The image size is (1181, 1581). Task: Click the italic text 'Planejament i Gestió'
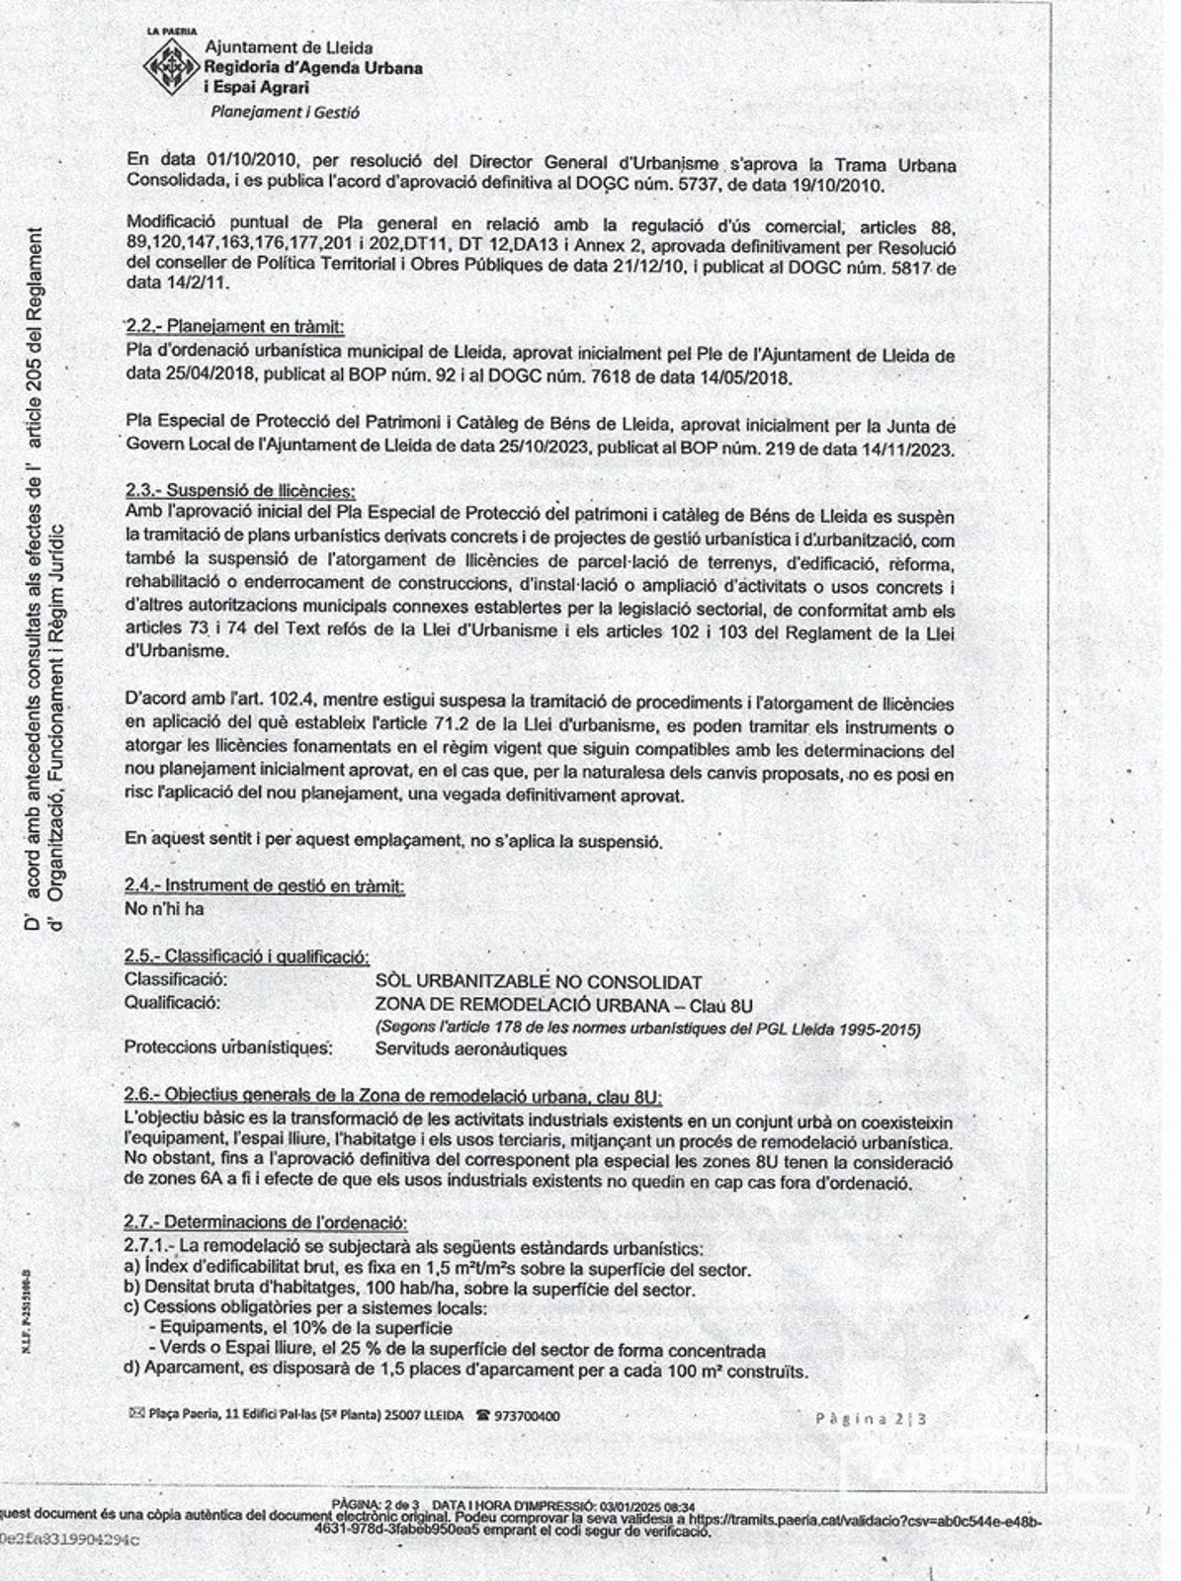click(x=285, y=112)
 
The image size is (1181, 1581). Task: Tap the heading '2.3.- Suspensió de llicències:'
click(x=240, y=490)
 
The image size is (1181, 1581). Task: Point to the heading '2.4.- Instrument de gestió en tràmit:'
click(x=265, y=886)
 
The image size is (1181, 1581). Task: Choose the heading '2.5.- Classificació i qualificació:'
click(x=247, y=957)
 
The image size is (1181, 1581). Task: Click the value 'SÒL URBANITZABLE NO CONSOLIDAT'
click(x=539, y=982)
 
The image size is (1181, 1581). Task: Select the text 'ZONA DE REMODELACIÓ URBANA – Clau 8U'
click(x=564, y=1006)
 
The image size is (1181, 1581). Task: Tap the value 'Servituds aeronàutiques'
click(x=470, y=1049)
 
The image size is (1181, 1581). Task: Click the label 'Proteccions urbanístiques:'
click(x=228, y=1047)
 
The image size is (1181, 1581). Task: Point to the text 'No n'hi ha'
click(x=164, y=908)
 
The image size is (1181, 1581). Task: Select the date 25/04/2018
click(x=211, y=377)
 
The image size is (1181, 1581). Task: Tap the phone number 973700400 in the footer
click(x=527, y=1416)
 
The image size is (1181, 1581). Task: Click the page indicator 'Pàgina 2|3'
click(x=871, y=1419)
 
